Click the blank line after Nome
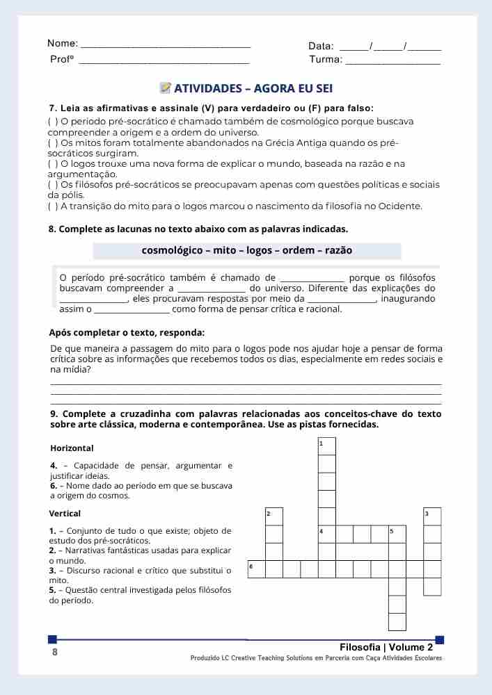(166, 45)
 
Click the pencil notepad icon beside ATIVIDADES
(166, 88)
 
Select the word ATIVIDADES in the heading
(207, 88)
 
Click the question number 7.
(52, 108)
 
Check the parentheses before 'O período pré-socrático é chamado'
(53, 122)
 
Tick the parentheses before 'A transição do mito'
(53, 206)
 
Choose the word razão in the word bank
(338, 250)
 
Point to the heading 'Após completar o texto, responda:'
(127, 332)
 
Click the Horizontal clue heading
(72, 448)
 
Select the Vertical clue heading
(65, 514)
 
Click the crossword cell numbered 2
(274, 516)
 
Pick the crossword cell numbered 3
(432, 516)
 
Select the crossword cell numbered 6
(256, 569)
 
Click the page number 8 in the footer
(55, 653)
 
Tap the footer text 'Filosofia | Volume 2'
(390, 647)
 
